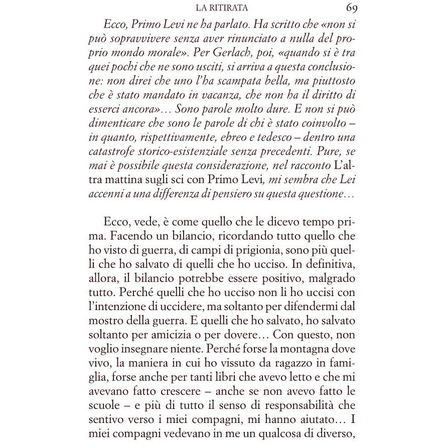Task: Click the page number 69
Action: pos(351,8)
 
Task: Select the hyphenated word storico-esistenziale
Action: pos(183,151)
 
